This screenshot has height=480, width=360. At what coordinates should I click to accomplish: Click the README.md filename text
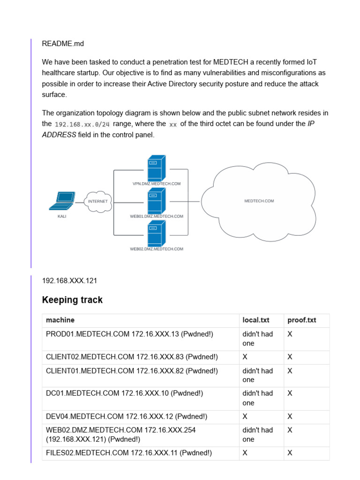click(x=63, y=44)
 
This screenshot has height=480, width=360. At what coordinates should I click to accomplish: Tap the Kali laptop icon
click(x=62, y=201)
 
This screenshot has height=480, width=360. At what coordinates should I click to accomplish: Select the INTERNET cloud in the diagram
click(x=98, y=202)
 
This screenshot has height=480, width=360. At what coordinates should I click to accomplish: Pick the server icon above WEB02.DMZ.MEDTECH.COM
click(x=156, y=234)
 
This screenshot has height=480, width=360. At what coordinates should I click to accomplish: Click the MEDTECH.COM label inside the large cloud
click(x=259, y=201)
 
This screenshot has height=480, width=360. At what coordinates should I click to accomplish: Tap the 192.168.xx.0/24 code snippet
click(x=82, y=125)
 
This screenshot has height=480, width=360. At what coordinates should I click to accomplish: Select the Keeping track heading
click(x=72, y=300)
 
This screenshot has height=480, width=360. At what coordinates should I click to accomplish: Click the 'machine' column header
click(x=60, y=320)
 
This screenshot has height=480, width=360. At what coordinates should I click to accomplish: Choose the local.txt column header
click(x=255, y=320)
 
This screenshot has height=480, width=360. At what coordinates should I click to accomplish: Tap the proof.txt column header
click(x=301, y=320)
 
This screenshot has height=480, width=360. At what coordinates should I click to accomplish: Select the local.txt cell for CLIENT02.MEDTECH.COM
click(x=245, y=357)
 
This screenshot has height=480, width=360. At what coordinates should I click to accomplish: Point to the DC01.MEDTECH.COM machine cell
click(x=124, y=393)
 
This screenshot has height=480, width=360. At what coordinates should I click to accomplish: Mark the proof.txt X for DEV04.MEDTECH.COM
click(x=290, y=416)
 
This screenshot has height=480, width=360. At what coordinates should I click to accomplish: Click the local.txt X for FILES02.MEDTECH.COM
click(x=245, y=453)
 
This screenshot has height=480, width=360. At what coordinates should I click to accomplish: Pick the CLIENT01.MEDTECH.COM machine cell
click(x=132, y=371)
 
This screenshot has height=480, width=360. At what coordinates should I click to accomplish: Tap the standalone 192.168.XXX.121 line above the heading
click(x=70, y=281)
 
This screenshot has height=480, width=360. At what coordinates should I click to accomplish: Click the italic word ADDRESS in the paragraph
click(x=59, y=135)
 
